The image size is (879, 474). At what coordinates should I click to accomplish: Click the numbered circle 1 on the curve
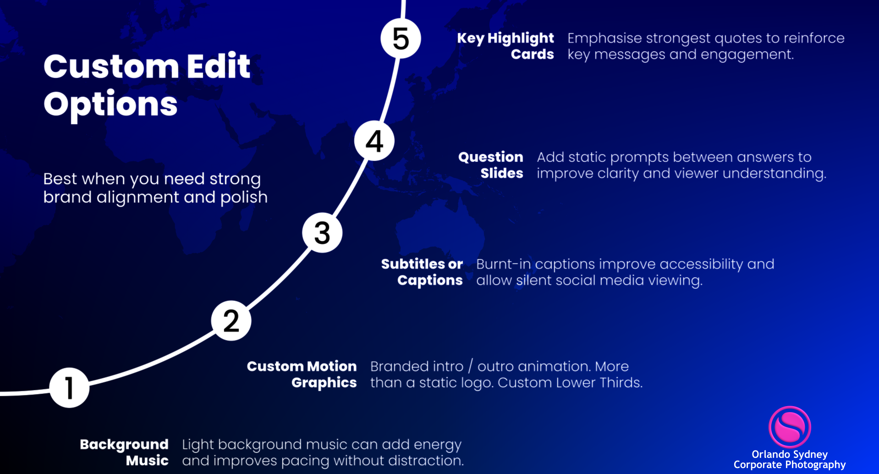point(69,387)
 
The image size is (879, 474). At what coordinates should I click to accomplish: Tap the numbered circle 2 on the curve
point(231,320)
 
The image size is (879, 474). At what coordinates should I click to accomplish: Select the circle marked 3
point(322,232)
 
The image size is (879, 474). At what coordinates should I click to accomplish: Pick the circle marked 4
point(374,141)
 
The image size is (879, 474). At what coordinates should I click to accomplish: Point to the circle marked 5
point(401,39)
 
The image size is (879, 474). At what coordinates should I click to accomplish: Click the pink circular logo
point(790,427)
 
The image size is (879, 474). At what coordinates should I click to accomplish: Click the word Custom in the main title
point(111,66)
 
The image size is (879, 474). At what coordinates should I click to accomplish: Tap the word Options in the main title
point(110,105)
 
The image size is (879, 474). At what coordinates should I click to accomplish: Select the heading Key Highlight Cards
point(505,46)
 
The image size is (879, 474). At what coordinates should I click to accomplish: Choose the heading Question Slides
point(491,165)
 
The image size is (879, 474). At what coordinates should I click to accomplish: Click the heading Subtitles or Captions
point(422,272)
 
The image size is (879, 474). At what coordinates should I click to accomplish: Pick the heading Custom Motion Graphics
point(302,374)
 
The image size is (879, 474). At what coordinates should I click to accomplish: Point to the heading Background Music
point(124,452)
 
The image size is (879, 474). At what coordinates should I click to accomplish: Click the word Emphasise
point(604,38)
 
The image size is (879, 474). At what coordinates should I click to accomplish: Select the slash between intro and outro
point(470,366)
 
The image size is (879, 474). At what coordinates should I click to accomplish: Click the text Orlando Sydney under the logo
point(790,454)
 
